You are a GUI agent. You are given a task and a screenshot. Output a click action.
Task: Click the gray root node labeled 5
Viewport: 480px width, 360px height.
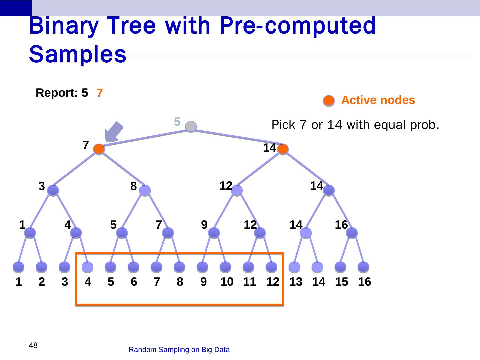[x=191, y=126]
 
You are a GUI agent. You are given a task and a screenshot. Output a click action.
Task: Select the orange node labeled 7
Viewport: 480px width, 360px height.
[x=99, y=149]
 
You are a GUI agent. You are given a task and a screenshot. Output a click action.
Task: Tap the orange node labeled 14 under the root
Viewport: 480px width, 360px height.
[x=283, y=149]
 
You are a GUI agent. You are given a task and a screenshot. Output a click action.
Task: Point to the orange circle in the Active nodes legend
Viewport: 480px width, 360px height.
[x=329, y=101]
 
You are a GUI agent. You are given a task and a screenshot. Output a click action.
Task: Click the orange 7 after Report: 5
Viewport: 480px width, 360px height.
[x=100, y=94]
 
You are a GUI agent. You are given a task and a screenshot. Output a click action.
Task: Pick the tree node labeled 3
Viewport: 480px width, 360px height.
[x=53, y=190]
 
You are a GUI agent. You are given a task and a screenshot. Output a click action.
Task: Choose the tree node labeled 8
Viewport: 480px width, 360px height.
[x=145, y=190]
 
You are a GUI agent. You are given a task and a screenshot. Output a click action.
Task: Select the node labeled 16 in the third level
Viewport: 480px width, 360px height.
[x=352, y=233]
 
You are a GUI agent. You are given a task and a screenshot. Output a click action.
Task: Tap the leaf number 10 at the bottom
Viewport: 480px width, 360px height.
[x=227, y=282]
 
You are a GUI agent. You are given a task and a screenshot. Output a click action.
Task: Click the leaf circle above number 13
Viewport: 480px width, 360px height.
[x=294, y=267]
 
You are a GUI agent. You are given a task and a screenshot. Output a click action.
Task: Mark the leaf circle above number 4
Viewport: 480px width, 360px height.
[x=87, y=267]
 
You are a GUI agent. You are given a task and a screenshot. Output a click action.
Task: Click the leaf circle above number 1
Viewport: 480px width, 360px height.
[x=19, y=267]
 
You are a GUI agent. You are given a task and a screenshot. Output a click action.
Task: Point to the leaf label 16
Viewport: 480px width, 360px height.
[x=364, y=282]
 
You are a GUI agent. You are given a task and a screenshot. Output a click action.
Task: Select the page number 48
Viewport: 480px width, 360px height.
[x=33, y=345]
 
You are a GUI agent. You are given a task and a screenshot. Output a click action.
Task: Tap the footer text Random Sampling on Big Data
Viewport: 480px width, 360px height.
[x=179, y=350]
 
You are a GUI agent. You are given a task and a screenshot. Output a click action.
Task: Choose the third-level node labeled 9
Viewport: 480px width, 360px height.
[x=214, y=233]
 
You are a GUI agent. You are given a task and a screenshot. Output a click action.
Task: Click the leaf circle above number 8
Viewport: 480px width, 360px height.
[x=179, y=267]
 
